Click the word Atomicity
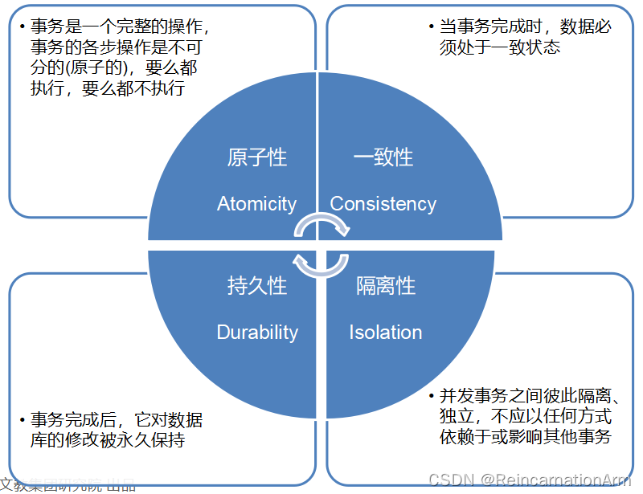click(256, 204)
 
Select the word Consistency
click(383, 204)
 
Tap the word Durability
click(257, 333)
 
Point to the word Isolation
click(385, 333)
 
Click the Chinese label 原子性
click(256, 157)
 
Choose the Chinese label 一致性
click(383, 157)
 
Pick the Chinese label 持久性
click(256, 285)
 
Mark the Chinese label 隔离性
click(386, 285)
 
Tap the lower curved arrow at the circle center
click(321, 263)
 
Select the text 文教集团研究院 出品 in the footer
click(68, 485)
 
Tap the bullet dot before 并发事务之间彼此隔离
click(432, 397)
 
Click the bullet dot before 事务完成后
click(22, 420)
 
